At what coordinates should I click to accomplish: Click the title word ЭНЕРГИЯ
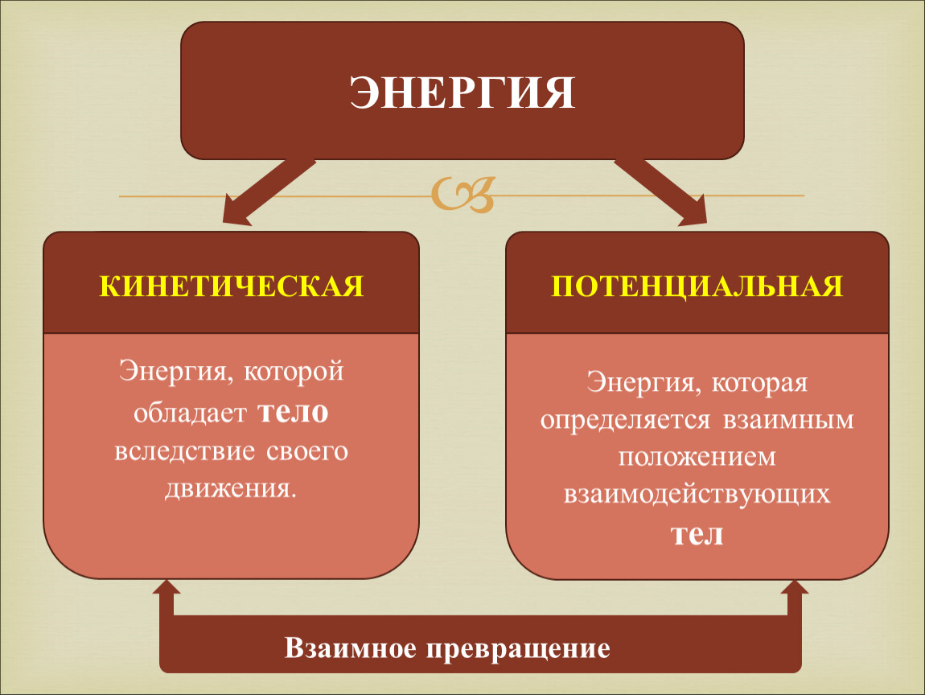click(x=462, y=93)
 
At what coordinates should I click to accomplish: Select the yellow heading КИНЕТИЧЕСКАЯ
click(x=232, y=286)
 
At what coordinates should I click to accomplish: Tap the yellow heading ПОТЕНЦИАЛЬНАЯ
click(x=697, y=287)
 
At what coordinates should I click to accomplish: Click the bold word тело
click(x=293, y=412)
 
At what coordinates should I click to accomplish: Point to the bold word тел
click(x=697, y=535)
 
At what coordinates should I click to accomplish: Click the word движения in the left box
click(x=229, y=490)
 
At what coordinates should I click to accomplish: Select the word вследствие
click(x=185, y=451)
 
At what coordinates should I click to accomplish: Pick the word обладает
click(x=189, y=413)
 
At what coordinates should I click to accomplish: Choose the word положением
click(x=697, y=457)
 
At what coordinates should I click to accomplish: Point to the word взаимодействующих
click(x=697, y=495)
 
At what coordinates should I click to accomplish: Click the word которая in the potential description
click(x=759, y=384)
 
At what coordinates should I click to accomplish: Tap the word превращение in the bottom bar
click(x=518, y=649)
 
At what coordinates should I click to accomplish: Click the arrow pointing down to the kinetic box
click(x=269, y=192)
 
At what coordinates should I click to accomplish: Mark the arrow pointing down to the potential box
click(x=660, y=192)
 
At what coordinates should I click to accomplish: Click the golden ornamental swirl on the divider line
click(x=463, y=194)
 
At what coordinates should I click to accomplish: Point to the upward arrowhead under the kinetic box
click(x=166, y=588)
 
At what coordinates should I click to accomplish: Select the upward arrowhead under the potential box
click(x=795, y=588)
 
